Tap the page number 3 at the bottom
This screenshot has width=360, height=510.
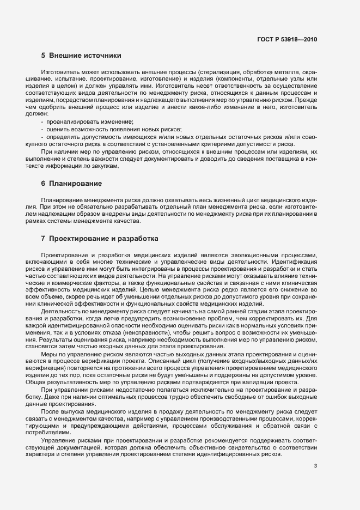click(315, 466)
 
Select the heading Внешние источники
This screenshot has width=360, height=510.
click(84, 55)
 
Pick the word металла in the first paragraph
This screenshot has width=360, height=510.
click(284, 71)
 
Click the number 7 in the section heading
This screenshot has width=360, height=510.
click(43, 239)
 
